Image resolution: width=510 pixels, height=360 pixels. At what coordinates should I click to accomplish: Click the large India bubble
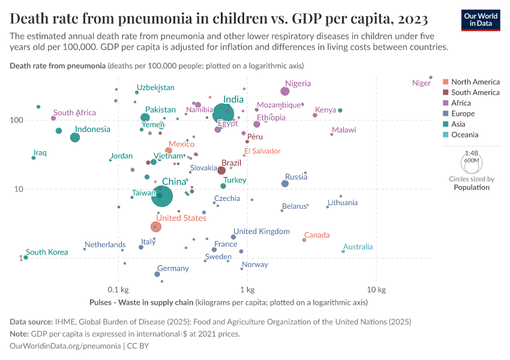223,112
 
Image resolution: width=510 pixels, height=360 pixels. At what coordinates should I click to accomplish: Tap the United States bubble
156,226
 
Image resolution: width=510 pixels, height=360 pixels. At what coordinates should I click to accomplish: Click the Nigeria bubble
285,91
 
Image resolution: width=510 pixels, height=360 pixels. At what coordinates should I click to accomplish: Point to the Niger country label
421,83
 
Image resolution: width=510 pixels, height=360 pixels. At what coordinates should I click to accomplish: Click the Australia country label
358,247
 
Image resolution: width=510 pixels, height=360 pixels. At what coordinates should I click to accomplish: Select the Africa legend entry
461,103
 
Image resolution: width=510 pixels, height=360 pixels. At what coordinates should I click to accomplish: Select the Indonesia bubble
75,137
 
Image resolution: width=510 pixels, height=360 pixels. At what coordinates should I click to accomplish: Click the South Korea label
46,252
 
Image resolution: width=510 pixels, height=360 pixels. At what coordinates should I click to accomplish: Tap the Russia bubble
285,184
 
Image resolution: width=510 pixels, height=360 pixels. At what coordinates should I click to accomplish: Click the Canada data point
304,240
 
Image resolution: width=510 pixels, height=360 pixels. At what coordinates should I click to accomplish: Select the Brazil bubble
222,171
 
